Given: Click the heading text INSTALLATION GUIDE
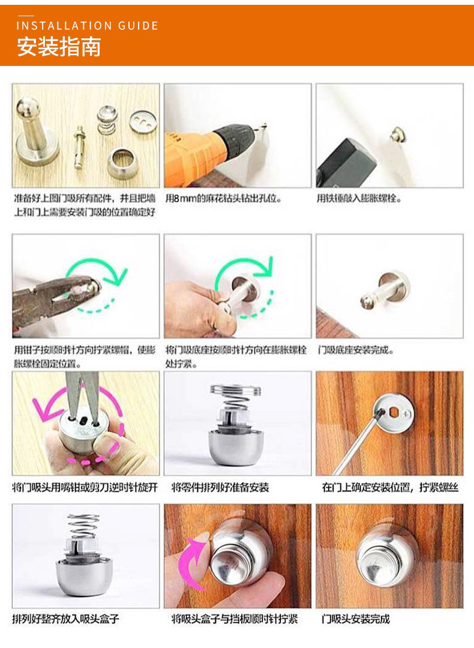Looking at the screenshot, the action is point(87,26).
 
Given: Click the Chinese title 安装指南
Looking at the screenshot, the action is point(59,46).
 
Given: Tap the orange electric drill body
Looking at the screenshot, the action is point(194,157).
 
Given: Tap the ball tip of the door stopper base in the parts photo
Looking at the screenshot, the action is point(28,107).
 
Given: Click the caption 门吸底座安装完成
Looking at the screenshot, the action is point(355,350).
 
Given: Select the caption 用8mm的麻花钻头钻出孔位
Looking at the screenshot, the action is point(223,199).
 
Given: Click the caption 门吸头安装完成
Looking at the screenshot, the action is point(355,619).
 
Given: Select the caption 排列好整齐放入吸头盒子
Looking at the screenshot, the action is point(65,619).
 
